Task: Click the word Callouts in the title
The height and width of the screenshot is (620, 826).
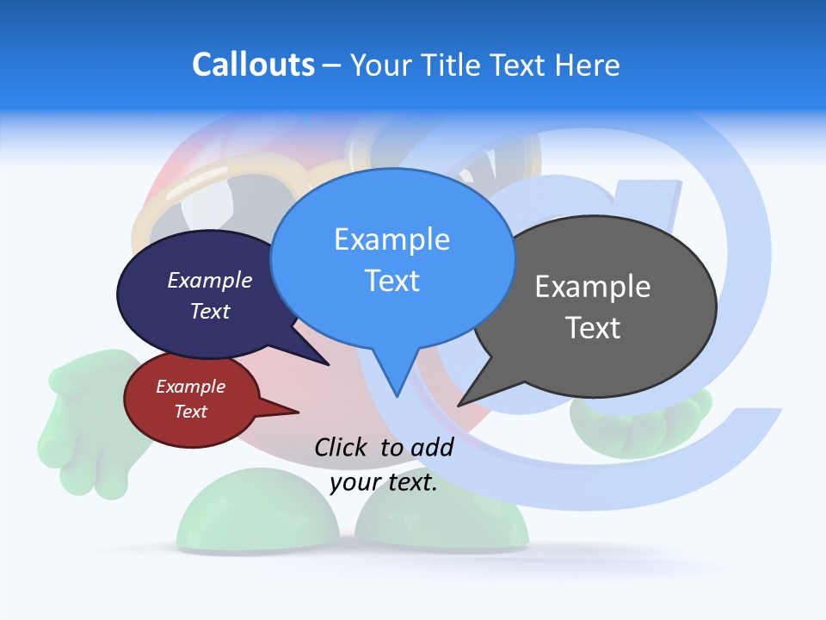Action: pyautogui.click(x=253, y=65)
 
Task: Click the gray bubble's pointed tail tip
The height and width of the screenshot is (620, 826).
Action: pyautogui.click(x=459, y=406)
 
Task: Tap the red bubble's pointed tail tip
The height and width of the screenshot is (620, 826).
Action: pyautogui.click(x=298, y=412)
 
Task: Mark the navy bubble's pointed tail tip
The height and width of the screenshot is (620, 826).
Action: pyautogui.click(x=328, y=365)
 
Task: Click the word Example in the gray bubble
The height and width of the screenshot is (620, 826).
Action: pyautogui.click(x=593, y=287)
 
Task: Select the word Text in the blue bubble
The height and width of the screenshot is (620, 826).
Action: pyautogui.click(x=392, y=281)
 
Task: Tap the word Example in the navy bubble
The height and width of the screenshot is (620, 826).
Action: pyautogui.click(x=210, y=281)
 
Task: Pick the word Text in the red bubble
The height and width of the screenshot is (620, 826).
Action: pyautogui.click(x=191, y=412)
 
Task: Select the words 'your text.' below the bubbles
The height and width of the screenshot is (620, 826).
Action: pyautogui.click(x=384, y=483)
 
